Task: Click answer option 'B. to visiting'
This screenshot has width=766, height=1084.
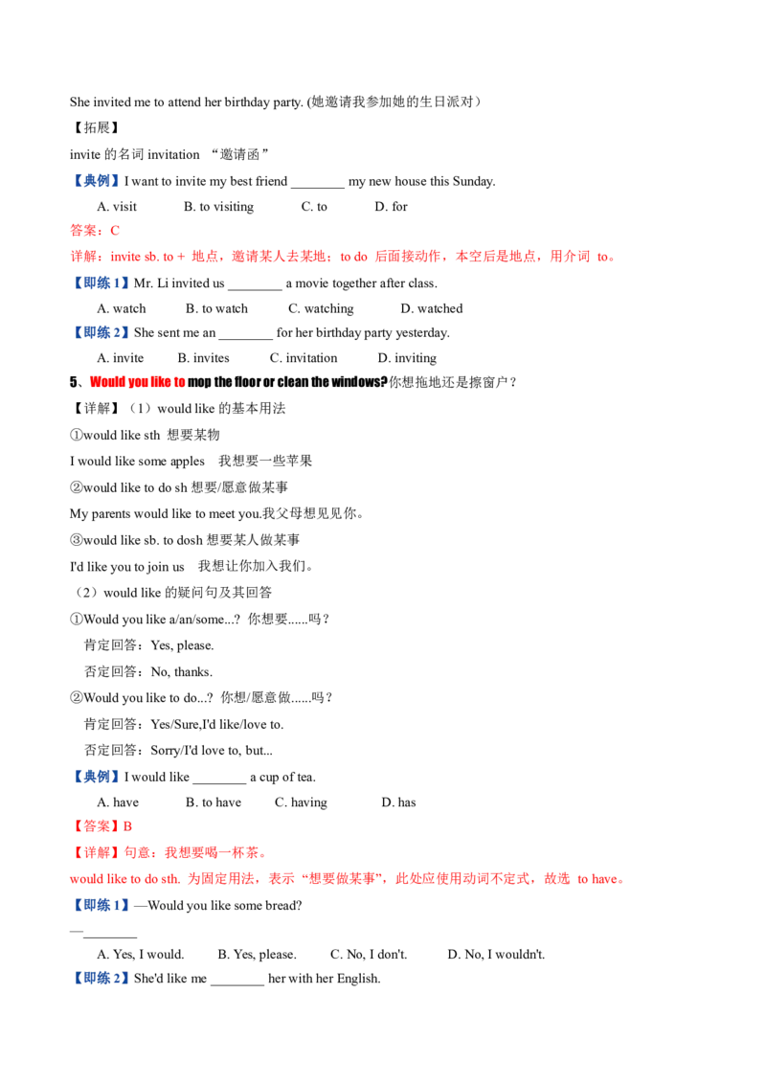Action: [218, 207]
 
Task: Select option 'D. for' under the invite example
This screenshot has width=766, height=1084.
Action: [392, 207]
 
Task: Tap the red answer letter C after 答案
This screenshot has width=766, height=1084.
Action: [115, 231]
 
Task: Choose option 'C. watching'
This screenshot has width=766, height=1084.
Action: [321, 309]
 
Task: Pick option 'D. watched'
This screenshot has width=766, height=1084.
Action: [432, 308]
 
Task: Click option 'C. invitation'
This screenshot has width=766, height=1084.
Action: [304, 358]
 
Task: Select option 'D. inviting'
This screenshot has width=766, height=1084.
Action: [407, 358]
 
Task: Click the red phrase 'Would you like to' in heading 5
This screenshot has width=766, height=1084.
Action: [138, 382]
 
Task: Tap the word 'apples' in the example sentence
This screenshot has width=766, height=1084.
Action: [188, 462]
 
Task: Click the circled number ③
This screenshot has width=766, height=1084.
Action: [76, 540]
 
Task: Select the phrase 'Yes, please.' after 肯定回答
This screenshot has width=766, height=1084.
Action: [183, 645]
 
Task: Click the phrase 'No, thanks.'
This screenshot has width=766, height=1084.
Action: [182, 672]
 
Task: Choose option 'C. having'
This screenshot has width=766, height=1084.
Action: [301, 802]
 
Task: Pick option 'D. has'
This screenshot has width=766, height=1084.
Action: [399, 802]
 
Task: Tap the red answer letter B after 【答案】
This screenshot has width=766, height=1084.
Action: [128, 826]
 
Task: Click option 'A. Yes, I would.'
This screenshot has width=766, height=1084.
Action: [141, 955]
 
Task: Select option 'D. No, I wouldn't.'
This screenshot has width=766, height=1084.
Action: [496, 955]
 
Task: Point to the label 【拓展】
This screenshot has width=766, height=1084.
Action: [96, 128]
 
